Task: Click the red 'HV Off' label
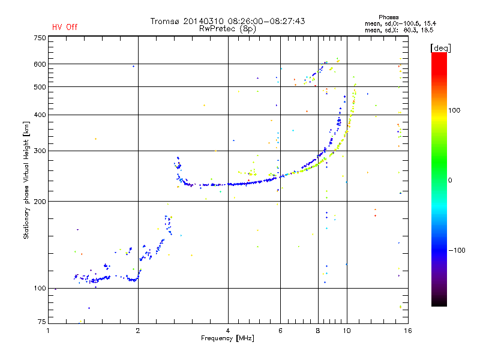coord(65,27)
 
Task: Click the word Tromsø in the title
coord(166,21)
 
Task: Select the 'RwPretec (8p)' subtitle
coord(227,29)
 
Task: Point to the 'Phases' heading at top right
coord(388,17)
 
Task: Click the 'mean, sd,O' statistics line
coord(400,23)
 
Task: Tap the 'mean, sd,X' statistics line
coord(399,30)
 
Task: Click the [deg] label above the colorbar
coord(440,48)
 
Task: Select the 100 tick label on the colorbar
coord(454,110)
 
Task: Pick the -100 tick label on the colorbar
coord(457,250)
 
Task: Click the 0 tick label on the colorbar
coord(450,181)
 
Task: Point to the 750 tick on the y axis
coord(40,38)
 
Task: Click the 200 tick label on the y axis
coord(40,202)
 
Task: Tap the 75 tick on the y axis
coord(42,322)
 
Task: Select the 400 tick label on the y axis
coord(40,115)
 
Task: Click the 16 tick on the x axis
coord(408,331)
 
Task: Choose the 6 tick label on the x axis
coord(280,331)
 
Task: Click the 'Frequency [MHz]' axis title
coord(227,338)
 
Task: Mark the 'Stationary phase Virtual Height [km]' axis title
coord(26,181)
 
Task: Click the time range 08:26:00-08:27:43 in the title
coord(266,21)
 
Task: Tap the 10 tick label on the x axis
coord(347,331)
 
